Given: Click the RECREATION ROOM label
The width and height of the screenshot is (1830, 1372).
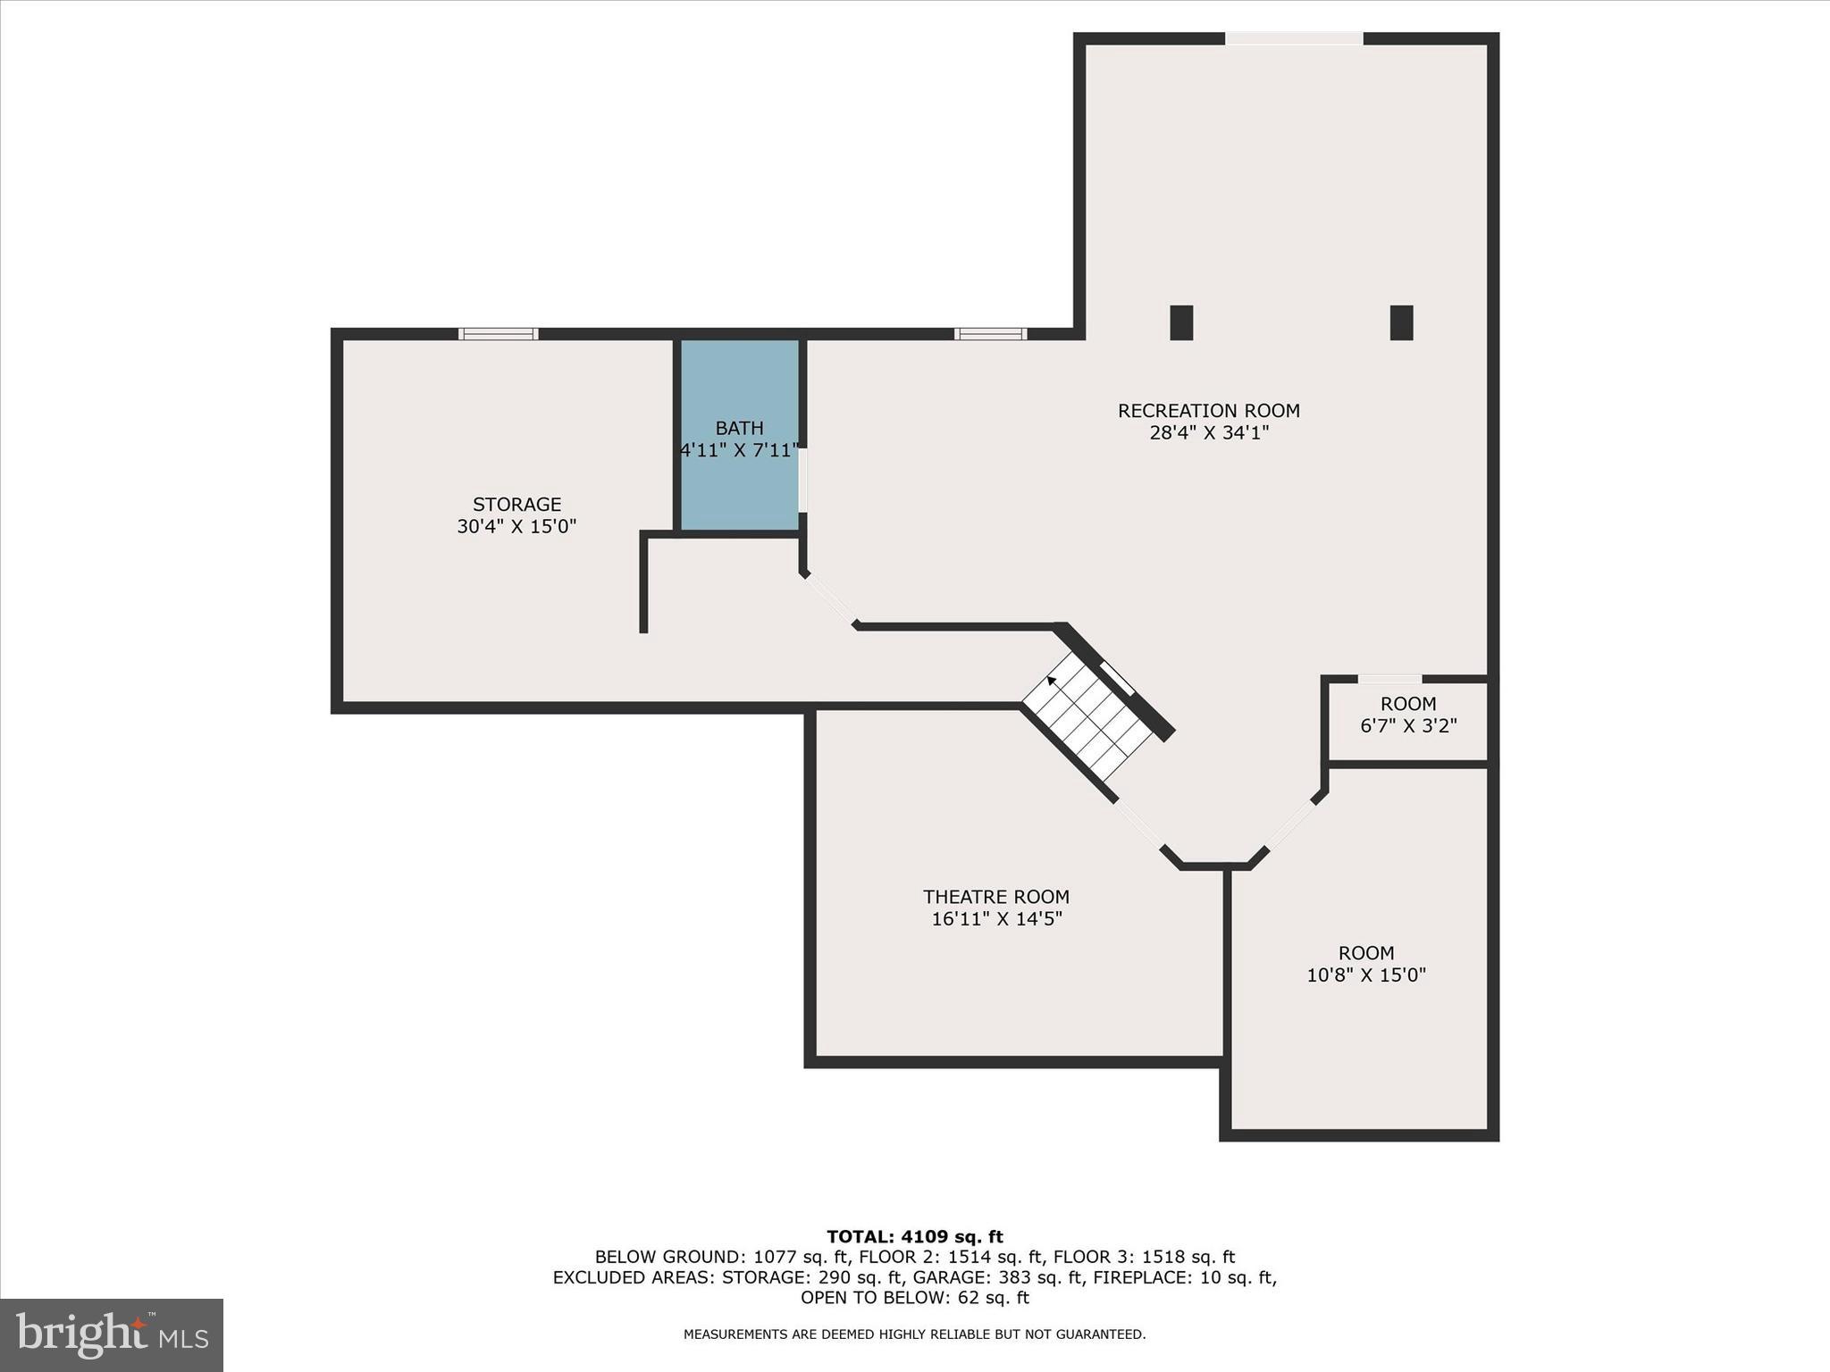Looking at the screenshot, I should point(1208,411).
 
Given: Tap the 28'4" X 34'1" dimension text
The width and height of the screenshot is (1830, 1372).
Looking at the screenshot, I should point(1208,433).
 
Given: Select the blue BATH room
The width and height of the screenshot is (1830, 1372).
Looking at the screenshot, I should point(740,482).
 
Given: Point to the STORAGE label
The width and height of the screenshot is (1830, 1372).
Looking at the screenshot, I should point(516,505).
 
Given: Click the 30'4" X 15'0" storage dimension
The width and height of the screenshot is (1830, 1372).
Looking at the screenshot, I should point(516,527).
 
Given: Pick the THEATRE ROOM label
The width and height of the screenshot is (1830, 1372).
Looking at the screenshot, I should point(995,897).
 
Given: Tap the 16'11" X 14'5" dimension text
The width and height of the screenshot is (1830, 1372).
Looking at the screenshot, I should point(995,919).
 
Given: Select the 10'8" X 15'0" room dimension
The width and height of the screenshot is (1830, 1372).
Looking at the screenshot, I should point(1365,975).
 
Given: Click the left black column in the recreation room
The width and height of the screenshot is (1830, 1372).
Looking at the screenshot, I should point(1181,322).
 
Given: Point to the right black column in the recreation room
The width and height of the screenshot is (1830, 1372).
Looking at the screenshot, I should point(1401,322).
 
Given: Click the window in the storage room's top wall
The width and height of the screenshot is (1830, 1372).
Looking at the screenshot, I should point(499,334).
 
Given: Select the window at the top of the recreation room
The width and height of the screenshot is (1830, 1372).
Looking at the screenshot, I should point(1293,38).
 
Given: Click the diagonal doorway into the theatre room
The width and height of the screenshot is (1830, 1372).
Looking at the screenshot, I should point(1140,825).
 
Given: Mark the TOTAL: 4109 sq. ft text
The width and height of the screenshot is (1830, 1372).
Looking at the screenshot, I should point(914,1237).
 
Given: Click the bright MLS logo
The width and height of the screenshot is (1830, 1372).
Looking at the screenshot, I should point(112,1335).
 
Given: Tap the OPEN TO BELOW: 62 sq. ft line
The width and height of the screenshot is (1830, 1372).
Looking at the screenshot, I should point(914,1298).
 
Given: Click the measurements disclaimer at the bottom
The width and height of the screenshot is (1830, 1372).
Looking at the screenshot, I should point(914,1334).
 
